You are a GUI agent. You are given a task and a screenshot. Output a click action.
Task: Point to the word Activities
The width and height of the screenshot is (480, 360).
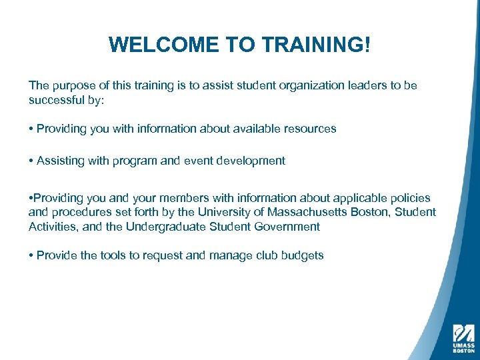click(53, 227)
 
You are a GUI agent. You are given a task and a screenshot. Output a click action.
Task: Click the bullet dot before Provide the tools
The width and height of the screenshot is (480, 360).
click(31, 255)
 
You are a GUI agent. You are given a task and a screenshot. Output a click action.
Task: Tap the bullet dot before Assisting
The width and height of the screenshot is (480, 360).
click(31, 161)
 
